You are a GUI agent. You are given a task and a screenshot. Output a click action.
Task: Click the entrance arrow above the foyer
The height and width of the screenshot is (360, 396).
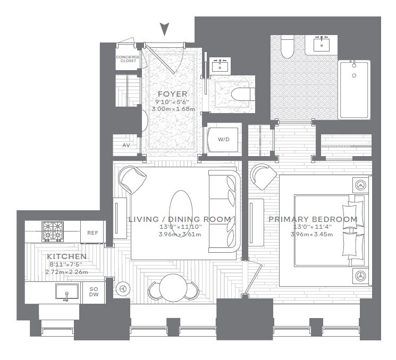(165, 29)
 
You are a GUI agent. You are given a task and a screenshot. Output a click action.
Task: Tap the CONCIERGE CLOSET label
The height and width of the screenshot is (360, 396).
(126, 59)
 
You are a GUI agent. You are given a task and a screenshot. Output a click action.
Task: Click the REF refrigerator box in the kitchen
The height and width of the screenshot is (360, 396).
(92, 232)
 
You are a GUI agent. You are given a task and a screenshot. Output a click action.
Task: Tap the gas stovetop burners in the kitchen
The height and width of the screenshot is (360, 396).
(53, 231)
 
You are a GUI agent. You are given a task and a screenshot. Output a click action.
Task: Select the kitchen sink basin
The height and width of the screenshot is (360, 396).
(66, 292)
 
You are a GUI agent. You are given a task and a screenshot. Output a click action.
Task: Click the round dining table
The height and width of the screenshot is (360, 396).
(173, 288)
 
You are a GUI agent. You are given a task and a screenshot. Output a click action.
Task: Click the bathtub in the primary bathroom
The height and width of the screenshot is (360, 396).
(354, 90)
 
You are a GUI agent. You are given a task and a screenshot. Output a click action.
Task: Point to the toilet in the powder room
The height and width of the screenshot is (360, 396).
(242, 94)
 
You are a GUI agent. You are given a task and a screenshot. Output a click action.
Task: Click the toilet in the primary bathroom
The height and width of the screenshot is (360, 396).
(288, 47)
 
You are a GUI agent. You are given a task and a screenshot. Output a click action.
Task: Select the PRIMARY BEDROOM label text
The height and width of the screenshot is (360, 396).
(313, 219)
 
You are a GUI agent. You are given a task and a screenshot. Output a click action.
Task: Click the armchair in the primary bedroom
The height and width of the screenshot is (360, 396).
(262, 176)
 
